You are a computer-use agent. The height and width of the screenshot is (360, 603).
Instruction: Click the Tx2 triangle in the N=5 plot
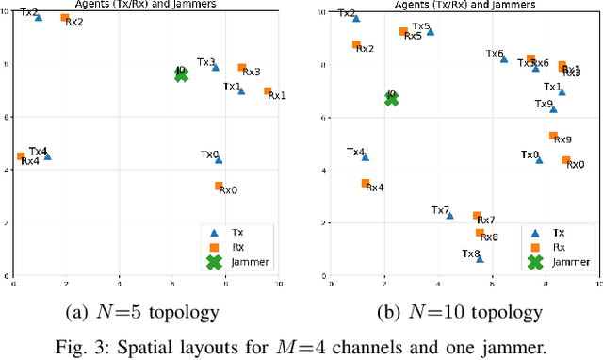tap(39, 17)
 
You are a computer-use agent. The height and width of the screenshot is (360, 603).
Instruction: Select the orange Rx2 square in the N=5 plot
tap(65, 18)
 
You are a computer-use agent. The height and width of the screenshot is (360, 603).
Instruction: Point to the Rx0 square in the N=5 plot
tap(219, 187)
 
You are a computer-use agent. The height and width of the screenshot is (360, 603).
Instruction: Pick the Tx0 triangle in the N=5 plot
tap(219, 159)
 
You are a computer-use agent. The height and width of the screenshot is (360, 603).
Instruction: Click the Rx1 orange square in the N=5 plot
tap(268, 91)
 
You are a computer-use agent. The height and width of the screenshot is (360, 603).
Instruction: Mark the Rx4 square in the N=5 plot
tap(21, 156)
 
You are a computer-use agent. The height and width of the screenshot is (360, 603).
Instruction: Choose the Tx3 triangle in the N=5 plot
tap(216, 67)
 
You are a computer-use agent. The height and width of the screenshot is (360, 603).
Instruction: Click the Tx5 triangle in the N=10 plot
tap(431, 31)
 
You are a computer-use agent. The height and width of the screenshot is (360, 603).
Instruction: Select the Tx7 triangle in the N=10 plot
tap(449, 215)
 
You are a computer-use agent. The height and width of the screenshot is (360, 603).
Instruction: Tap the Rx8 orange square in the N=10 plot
tap(480, 233)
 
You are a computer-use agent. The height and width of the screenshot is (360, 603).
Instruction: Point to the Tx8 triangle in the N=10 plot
tap(480, 257)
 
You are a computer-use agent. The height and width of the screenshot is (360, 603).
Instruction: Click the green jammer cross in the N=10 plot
tap(392, 97)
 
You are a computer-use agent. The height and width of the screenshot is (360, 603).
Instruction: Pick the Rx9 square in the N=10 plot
tap(553, 136)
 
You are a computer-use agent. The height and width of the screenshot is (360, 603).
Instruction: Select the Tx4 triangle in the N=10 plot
tap(366, 156)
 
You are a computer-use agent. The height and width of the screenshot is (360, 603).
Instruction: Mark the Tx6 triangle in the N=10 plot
tap(504, 58)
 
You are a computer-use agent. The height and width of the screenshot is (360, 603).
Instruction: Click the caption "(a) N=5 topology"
tap(151, 312)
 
